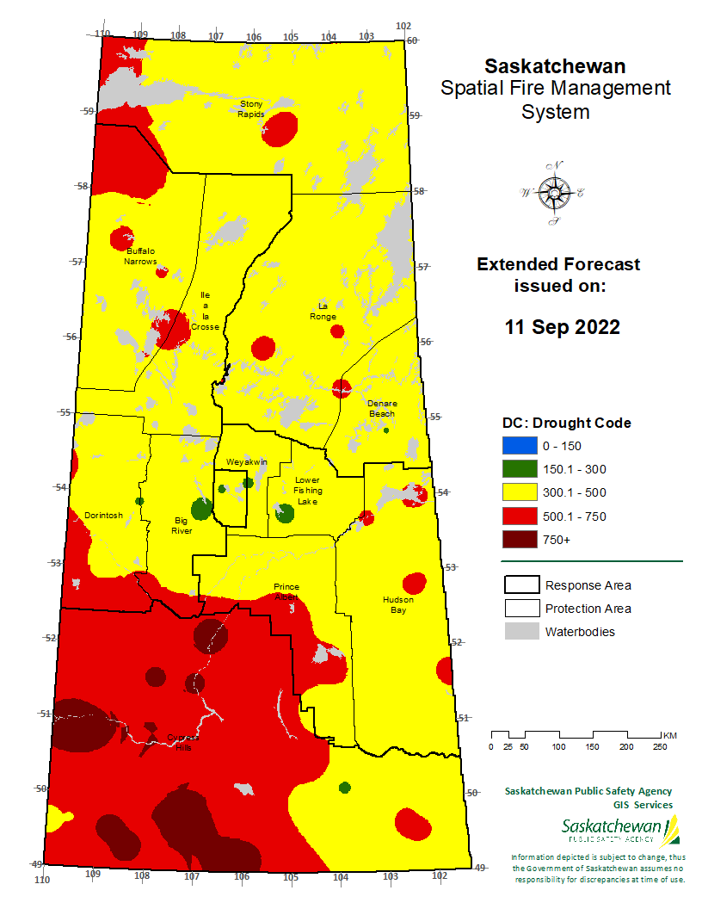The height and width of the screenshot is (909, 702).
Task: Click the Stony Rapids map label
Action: coord(252,109)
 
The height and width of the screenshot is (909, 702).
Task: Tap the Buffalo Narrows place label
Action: coord(141,256)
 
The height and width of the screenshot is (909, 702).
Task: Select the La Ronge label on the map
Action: coord(323,311)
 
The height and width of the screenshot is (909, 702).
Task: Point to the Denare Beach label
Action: coord(381,408)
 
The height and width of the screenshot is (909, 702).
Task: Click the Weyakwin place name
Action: coord(246,462)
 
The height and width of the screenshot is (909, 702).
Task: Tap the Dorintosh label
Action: coord(103,516)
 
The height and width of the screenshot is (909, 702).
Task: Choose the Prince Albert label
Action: coord(286,592)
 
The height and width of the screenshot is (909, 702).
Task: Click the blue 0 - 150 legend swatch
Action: coord(517,446)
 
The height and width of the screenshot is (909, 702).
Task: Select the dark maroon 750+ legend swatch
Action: coord(517,540)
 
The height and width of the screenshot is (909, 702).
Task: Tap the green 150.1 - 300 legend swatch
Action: coord(517,469)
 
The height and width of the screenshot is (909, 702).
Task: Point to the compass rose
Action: coord(552,193)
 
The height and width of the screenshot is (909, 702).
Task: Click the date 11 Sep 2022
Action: coord(562,327)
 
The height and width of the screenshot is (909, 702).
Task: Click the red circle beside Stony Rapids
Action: coord(280,131)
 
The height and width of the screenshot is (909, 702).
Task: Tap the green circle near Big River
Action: coord(202,508)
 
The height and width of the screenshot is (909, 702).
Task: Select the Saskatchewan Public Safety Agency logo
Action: coord(619,831)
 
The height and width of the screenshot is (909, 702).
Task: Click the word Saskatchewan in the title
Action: coord(555,66)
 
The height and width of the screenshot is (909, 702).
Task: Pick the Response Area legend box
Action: coord(520,585)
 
